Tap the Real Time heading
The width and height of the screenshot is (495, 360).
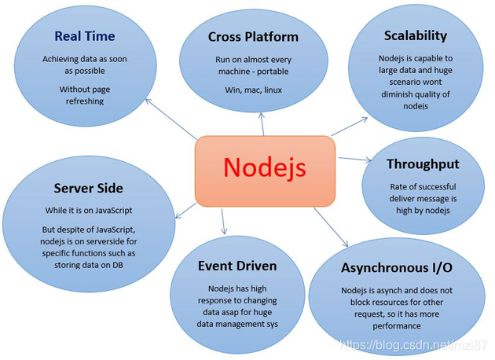(x=85, y=36)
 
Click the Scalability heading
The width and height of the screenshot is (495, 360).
(x=416, y=35)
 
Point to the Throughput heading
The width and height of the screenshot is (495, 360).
(x=423, y=164)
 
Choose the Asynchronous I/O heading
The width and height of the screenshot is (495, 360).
(x=397, y=268)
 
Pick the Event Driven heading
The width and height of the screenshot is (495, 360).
(x=236, y=266)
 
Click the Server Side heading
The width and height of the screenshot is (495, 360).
(x=89, y=188)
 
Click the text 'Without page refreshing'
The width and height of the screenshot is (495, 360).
(x=85, y=95)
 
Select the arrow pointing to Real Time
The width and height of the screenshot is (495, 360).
(x=168, y=127)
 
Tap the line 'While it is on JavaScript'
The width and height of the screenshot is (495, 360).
(x=89, y=211)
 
